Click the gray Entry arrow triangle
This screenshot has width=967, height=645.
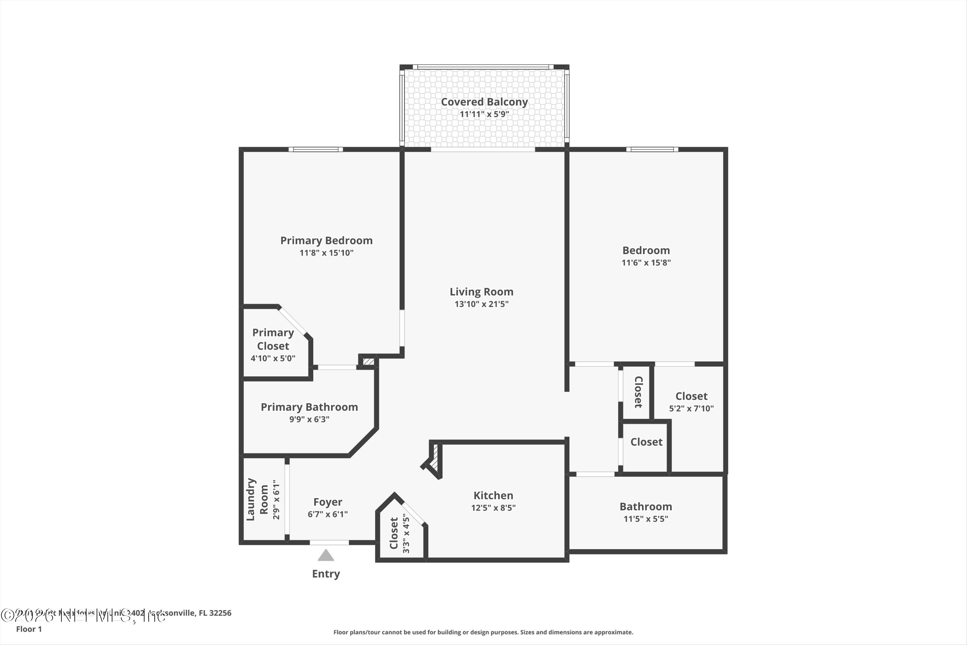[x=326, y=556]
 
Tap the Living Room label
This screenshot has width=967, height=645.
[x=482, y=292]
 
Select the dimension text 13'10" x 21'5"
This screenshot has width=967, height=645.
[x=482, y=304]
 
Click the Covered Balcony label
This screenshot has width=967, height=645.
[x=484, y=102]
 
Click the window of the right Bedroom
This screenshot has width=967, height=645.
[x=652, y=149]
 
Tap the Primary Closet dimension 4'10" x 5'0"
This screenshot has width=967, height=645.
[x=273, y=358]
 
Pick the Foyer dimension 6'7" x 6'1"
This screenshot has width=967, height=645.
[x=328, y=514]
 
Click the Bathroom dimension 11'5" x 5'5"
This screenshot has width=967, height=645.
[x=646, y=519]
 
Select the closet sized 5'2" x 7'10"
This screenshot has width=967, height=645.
[x=691, y=402]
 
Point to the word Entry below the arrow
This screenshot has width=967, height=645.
[x=326, y=573]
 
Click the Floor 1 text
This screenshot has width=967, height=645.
[x=29, y=629]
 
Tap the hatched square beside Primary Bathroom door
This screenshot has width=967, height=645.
[x=368, y=362]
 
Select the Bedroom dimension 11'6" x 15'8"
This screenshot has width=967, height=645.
[x=646, y=263]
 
